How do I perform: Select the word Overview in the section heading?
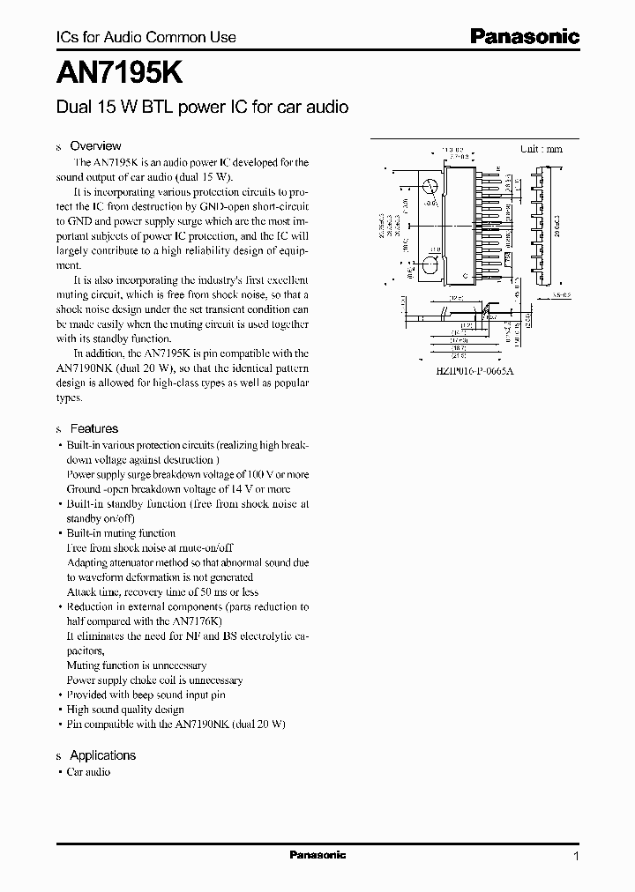pos(95,146)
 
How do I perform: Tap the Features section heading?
pos(93,428)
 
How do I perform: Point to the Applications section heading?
pos(102,755)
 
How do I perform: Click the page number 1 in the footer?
pos(576,857)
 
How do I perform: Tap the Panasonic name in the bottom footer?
pos(317,855)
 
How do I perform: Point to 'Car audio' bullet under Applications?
pos(88,771)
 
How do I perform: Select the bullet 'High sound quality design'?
pos(125,710)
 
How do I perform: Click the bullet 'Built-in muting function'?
pos(121,533)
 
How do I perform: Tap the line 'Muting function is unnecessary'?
pos(137,665)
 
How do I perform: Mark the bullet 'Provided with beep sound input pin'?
pos(146,695)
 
